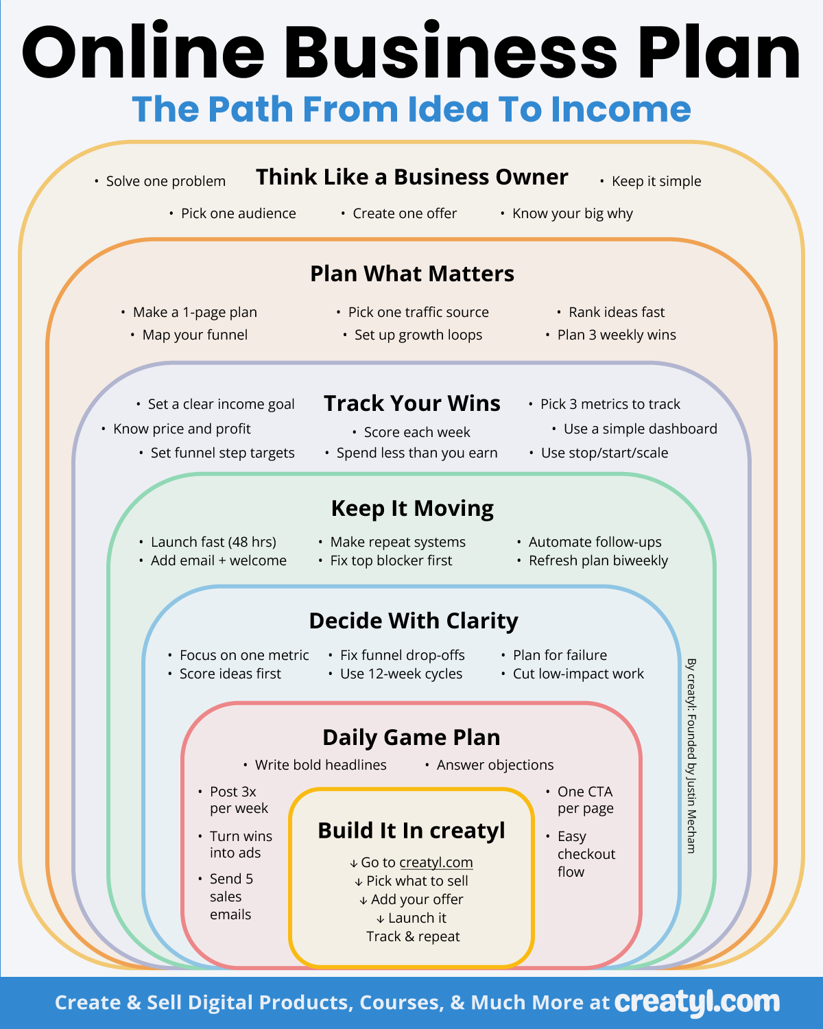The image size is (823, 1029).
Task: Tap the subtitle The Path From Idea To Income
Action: click(x=411, y=110)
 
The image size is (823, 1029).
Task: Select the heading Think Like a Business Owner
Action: click(x=411, y=177)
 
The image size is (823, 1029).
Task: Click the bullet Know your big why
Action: click(x=572, y=213)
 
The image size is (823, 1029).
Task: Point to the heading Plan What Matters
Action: click(x=411, y=274)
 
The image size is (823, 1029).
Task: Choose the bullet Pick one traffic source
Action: click(x=418, y=312)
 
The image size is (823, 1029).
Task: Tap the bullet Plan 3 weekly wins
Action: click(x=616, y=335)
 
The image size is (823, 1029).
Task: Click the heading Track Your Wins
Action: click(x=411, y=403)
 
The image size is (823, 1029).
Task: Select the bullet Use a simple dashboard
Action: click(x=640, y=429)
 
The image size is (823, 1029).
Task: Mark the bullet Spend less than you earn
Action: click(x=416, y=453)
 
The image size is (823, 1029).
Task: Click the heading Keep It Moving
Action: click(x=412, y=508)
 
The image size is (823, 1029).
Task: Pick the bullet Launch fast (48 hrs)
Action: click(x=213, y=542)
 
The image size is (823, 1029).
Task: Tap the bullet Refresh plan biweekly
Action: click(x=597, y=560)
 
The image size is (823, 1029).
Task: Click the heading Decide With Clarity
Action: click(x=414, y=621)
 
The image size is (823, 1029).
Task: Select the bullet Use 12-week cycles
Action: click(x=401, y=674)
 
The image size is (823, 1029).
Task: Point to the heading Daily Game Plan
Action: click(x=411, y=737)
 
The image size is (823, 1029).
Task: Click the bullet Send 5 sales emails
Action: click(x=230, y=897)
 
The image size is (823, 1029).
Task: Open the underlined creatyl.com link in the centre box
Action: click(x=436, y=862)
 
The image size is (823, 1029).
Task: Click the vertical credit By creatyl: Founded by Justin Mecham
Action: click(x=691, y=755)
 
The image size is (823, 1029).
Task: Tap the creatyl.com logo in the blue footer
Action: click(x=697, y=1002)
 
